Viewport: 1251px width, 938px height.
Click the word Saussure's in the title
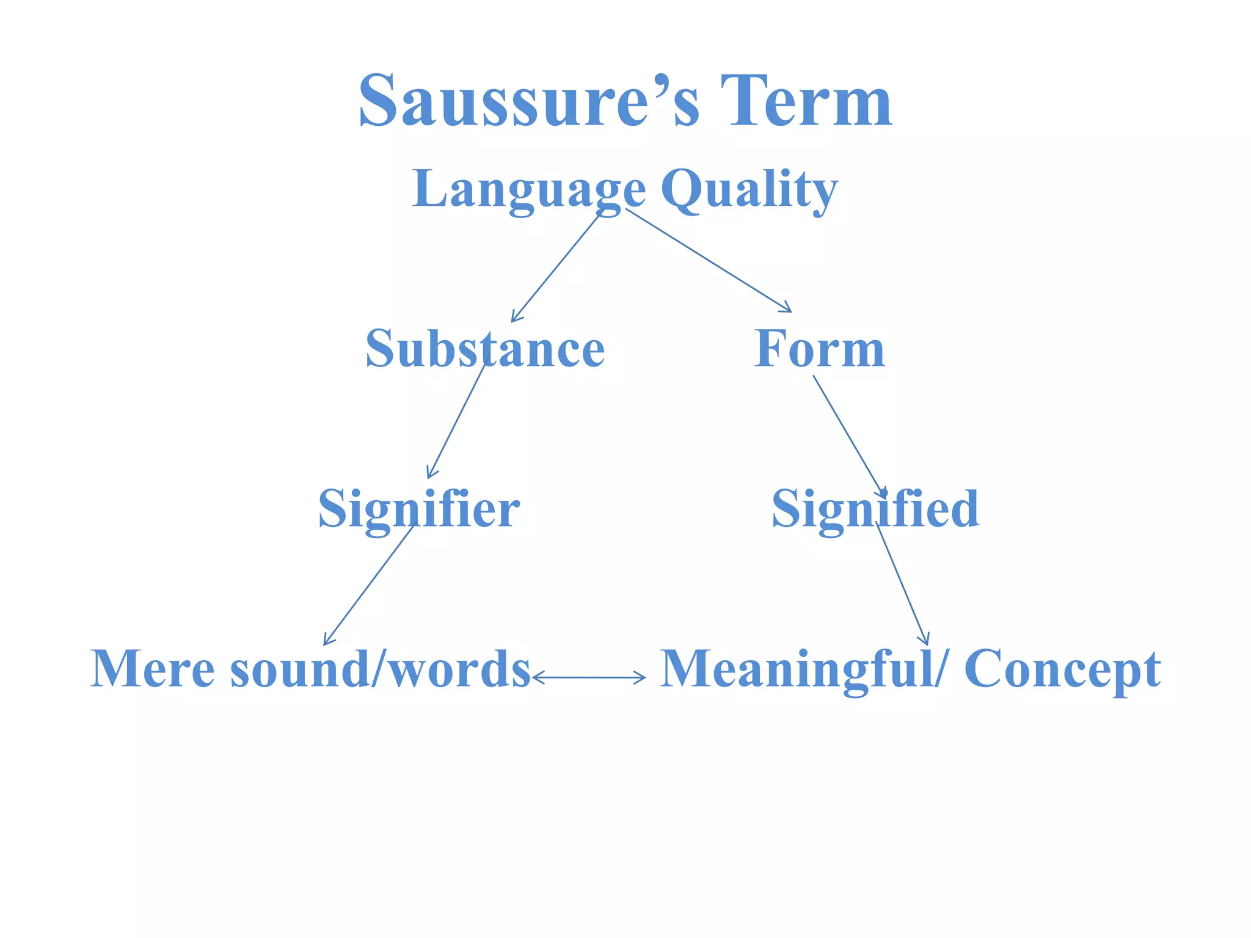coord(529,101)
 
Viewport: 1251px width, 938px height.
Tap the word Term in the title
coord(806,101)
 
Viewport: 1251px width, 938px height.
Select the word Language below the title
coord(529,189)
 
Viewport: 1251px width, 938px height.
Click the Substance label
coord(485,349)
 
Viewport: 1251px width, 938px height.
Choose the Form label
coord(819,349)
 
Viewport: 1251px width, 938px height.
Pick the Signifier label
coord(419,509)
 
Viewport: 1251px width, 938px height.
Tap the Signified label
coord(875,509)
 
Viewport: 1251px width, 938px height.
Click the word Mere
coord(152,669)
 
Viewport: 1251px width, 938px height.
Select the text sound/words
coord(380,669)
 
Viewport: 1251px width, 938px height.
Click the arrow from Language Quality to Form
coord(709,260)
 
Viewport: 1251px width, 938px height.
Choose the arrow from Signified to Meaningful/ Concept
coord(902,584)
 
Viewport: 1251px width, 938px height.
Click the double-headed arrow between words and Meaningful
coord(589,677)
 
